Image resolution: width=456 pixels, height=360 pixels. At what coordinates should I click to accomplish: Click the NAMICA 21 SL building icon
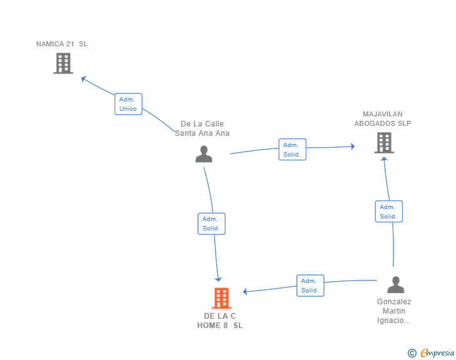(x=63, y=63)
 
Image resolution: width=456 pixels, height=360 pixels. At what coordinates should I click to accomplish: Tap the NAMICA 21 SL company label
(x=62, y=44)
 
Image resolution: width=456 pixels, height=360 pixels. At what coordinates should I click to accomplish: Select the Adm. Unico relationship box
(x=128, y=104)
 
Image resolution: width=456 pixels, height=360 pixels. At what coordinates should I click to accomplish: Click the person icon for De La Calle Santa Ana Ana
(x=204, y=154)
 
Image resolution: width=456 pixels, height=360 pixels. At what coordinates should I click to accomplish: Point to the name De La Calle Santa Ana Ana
(x=202, y=128)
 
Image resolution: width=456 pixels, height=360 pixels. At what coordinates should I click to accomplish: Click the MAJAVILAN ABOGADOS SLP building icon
(x=384, y=143)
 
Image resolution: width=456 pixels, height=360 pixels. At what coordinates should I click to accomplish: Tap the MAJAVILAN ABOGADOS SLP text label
(x=383, y=118)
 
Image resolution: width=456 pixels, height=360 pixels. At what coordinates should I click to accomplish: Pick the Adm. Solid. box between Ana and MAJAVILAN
(x=293, y=150)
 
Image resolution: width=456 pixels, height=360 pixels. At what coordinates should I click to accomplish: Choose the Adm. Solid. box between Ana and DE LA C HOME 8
(x=212, y=224)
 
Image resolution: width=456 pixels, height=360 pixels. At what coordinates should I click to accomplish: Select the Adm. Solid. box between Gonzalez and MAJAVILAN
(x=389, y=212)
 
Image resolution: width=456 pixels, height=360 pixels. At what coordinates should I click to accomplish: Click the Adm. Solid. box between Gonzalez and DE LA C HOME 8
(x=310, y=285)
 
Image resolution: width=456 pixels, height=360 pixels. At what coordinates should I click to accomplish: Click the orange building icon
(x=222, y=298)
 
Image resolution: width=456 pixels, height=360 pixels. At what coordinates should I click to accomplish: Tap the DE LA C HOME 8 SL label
(x=220, y=321)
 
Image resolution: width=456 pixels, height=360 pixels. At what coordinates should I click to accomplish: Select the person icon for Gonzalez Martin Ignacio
(x=396, y=285)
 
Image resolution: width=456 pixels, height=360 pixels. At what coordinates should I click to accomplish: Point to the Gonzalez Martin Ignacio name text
(x=394, y=311)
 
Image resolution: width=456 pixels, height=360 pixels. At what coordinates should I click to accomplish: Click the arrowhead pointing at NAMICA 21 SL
(x=83, y=78)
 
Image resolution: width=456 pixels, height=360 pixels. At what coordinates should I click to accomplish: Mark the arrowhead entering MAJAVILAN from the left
(x=353, y=147)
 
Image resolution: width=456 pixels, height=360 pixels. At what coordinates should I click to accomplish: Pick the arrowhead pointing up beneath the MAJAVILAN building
(x=384, y=159)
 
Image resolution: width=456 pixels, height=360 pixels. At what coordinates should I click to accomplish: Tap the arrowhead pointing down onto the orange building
(x=218, y=279)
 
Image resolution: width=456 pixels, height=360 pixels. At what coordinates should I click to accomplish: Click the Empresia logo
(x=431, y=352)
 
